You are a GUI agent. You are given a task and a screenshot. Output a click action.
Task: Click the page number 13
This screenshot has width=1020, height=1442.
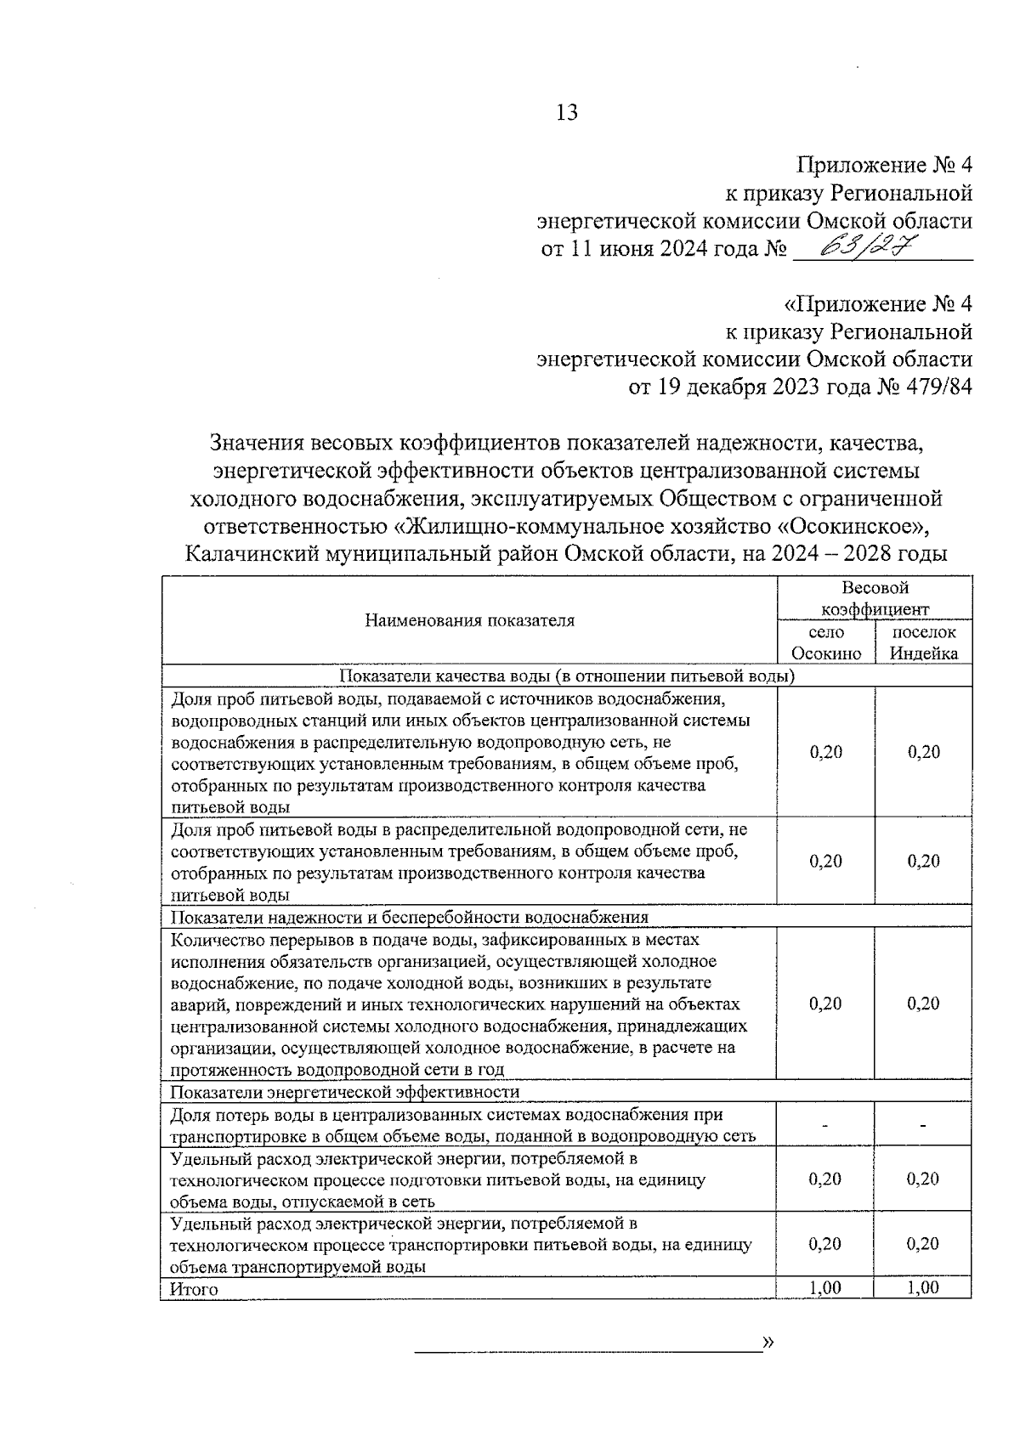point(566,112)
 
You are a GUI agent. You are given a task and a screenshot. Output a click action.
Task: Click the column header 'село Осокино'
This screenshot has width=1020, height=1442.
point(825,642)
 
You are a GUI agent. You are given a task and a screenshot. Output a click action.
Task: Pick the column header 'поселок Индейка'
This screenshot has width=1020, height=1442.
point(923,642)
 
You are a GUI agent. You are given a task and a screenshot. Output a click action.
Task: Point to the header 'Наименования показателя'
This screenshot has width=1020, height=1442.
point(469,620)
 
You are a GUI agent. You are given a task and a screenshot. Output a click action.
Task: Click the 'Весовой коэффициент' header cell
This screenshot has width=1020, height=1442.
point(875,598)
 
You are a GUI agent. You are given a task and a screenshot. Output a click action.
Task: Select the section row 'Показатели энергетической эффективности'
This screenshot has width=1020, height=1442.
point(345,1091)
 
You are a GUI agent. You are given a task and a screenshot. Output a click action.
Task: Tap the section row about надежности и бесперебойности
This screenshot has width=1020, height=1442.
point(410,917)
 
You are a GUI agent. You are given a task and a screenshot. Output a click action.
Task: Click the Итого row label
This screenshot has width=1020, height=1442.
point(194,1289)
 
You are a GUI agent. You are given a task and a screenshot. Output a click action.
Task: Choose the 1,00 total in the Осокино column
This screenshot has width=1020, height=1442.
point(825,1288)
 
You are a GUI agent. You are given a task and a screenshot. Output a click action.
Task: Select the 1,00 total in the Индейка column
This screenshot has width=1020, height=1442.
point(923,1288)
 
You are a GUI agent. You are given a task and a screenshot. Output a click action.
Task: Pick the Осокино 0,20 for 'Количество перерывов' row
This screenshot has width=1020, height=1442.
point(825,1004)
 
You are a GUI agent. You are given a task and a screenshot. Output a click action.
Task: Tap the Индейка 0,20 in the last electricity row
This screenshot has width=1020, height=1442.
point(923,1244)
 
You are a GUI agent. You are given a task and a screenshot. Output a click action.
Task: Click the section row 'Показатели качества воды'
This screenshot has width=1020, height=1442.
point(567,676)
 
